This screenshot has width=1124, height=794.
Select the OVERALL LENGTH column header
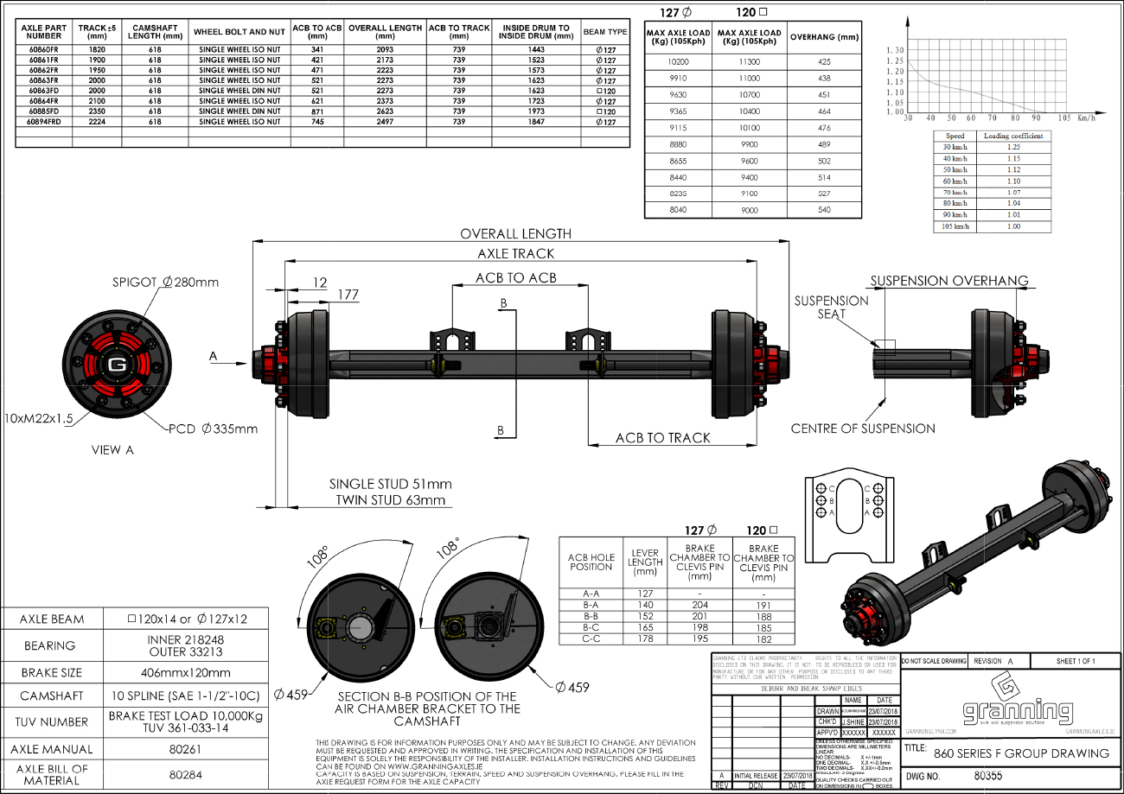[386, 32]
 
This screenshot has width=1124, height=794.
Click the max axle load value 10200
[679, 62]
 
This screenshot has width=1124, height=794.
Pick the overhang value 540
[823, 210]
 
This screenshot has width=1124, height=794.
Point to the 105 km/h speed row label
[955, 226]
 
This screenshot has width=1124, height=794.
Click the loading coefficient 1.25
[1013, 148]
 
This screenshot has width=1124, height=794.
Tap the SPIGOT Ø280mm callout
[165, 283]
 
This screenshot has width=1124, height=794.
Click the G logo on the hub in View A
[115, 364]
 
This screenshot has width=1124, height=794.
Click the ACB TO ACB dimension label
[515, 278]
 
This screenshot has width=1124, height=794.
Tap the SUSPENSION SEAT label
[831, 308]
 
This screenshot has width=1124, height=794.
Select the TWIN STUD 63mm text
[390, 500]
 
